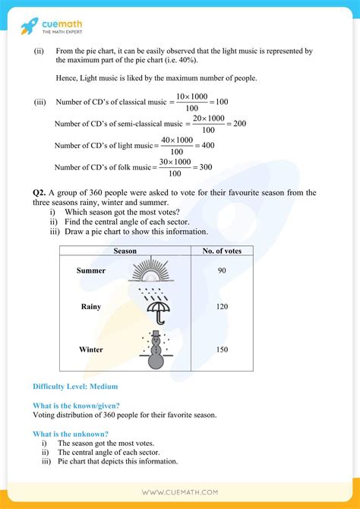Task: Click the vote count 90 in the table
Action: tap(221, 270)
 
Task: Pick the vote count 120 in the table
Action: tap(221, 307)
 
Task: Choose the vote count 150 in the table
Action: tap(221, 349)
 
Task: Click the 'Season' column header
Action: tap(125, 251)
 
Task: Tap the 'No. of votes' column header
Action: tap(221, 251)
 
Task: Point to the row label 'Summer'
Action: tap(91, 270)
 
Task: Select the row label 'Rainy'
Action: tap(91, 307)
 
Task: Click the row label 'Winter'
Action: tap(91, 349)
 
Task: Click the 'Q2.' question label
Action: tap(30, 193)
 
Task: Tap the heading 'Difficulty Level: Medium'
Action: tap(75, 387)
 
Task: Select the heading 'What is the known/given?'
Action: tap(76, 406)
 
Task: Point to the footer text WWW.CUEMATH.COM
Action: tap(181, 492)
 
